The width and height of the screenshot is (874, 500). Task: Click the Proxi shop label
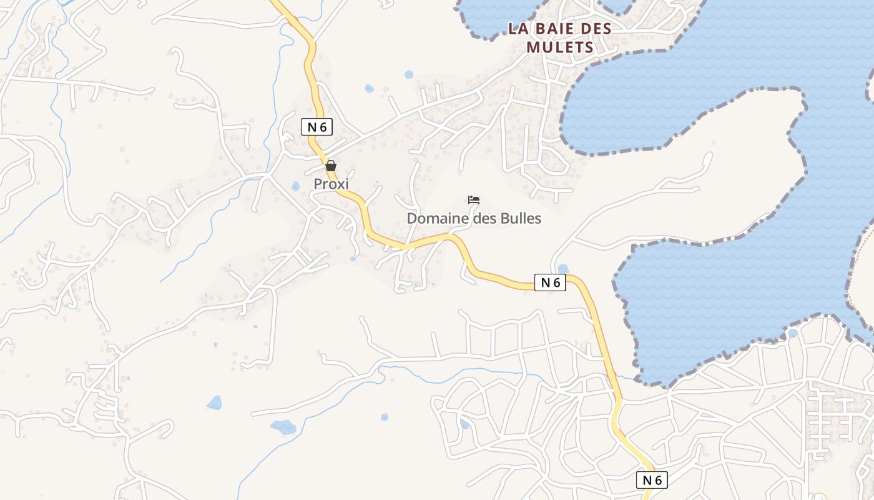coord(331,184)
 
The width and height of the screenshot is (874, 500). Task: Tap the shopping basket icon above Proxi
coord(331,166)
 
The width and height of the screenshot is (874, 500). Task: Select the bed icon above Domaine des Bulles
coord(474,200)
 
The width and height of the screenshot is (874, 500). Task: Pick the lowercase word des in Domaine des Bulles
coord(481,219)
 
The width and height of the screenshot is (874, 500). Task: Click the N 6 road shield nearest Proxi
coord(317,127)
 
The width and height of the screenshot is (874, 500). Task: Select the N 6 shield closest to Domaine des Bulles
coord(550,282)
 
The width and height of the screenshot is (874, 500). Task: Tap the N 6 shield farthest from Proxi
coord(652,480)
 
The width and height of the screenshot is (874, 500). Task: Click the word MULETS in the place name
coord(560,47)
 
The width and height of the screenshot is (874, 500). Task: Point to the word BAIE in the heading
coord(550,29)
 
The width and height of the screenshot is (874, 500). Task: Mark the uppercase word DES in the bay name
coord(593,29)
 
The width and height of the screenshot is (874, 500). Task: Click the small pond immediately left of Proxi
coord(295,186)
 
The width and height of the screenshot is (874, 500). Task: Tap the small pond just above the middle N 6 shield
coord(563,269)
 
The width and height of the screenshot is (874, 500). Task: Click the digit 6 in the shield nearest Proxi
coord(323,127)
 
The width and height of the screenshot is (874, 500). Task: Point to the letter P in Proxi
coord(318,184)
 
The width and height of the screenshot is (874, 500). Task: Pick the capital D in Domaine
coord(412,219)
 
